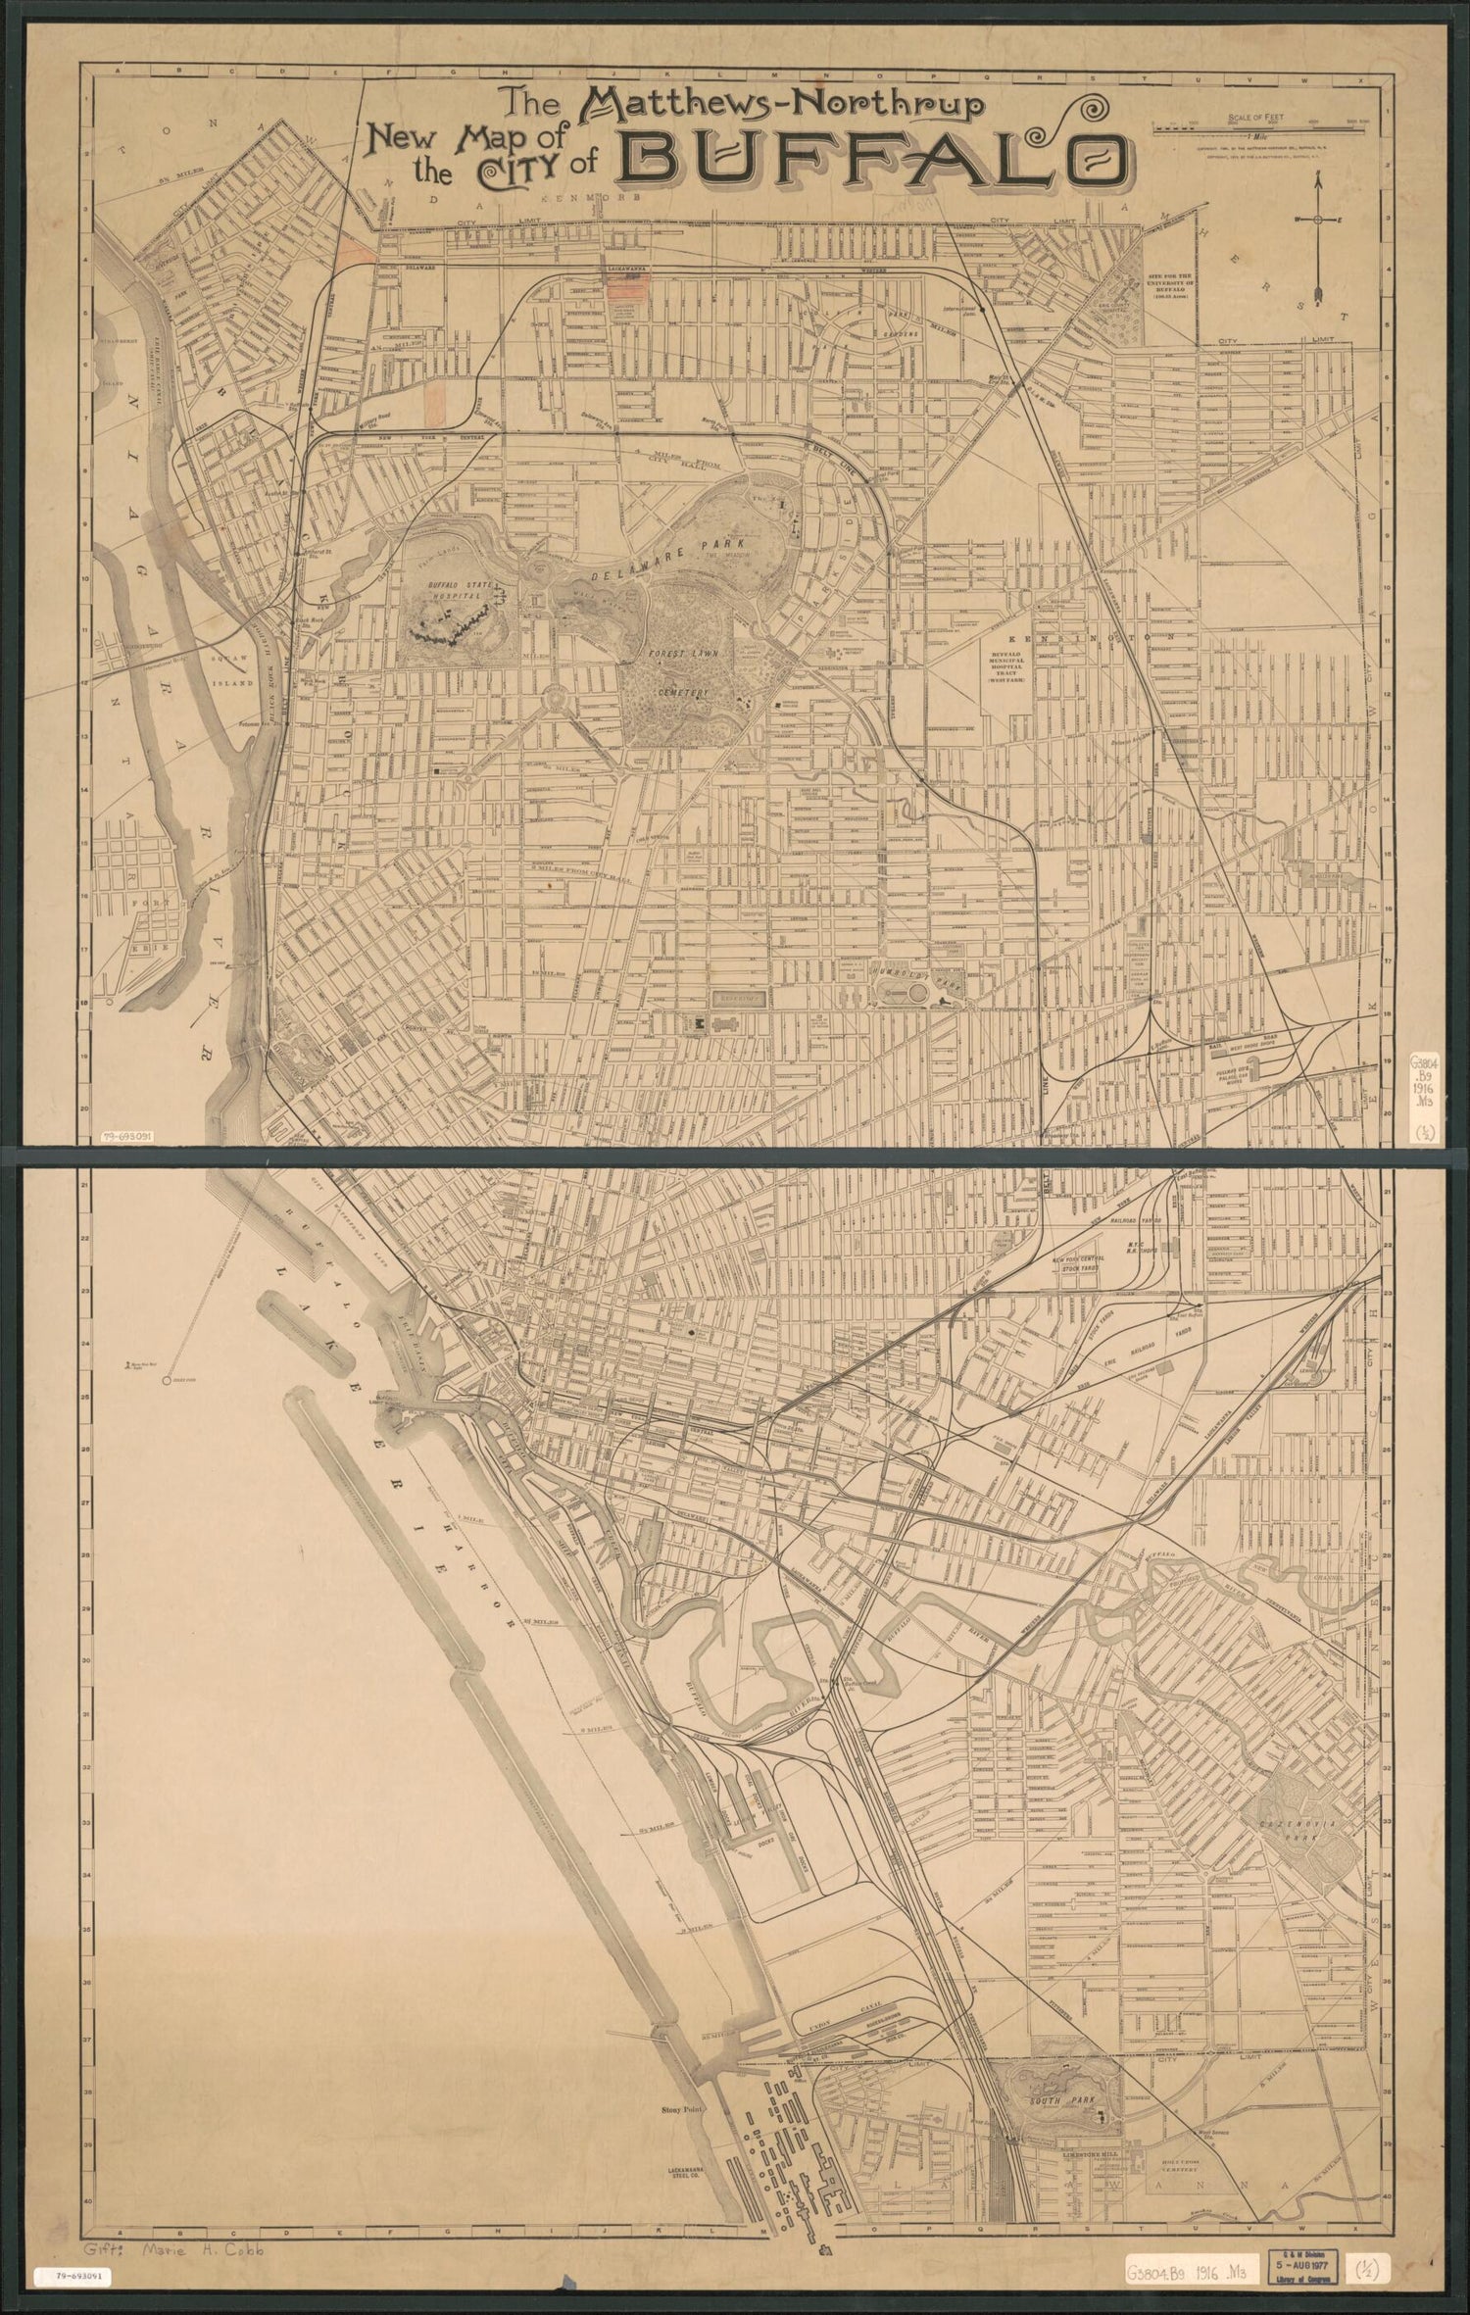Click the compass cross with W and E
(1318, 219)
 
